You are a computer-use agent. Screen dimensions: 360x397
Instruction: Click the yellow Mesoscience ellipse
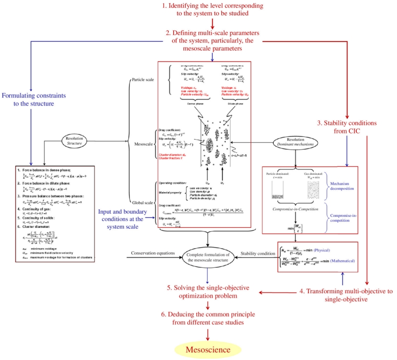(208, 349)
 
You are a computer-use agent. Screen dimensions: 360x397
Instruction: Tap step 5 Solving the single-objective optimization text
(208, 291)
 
